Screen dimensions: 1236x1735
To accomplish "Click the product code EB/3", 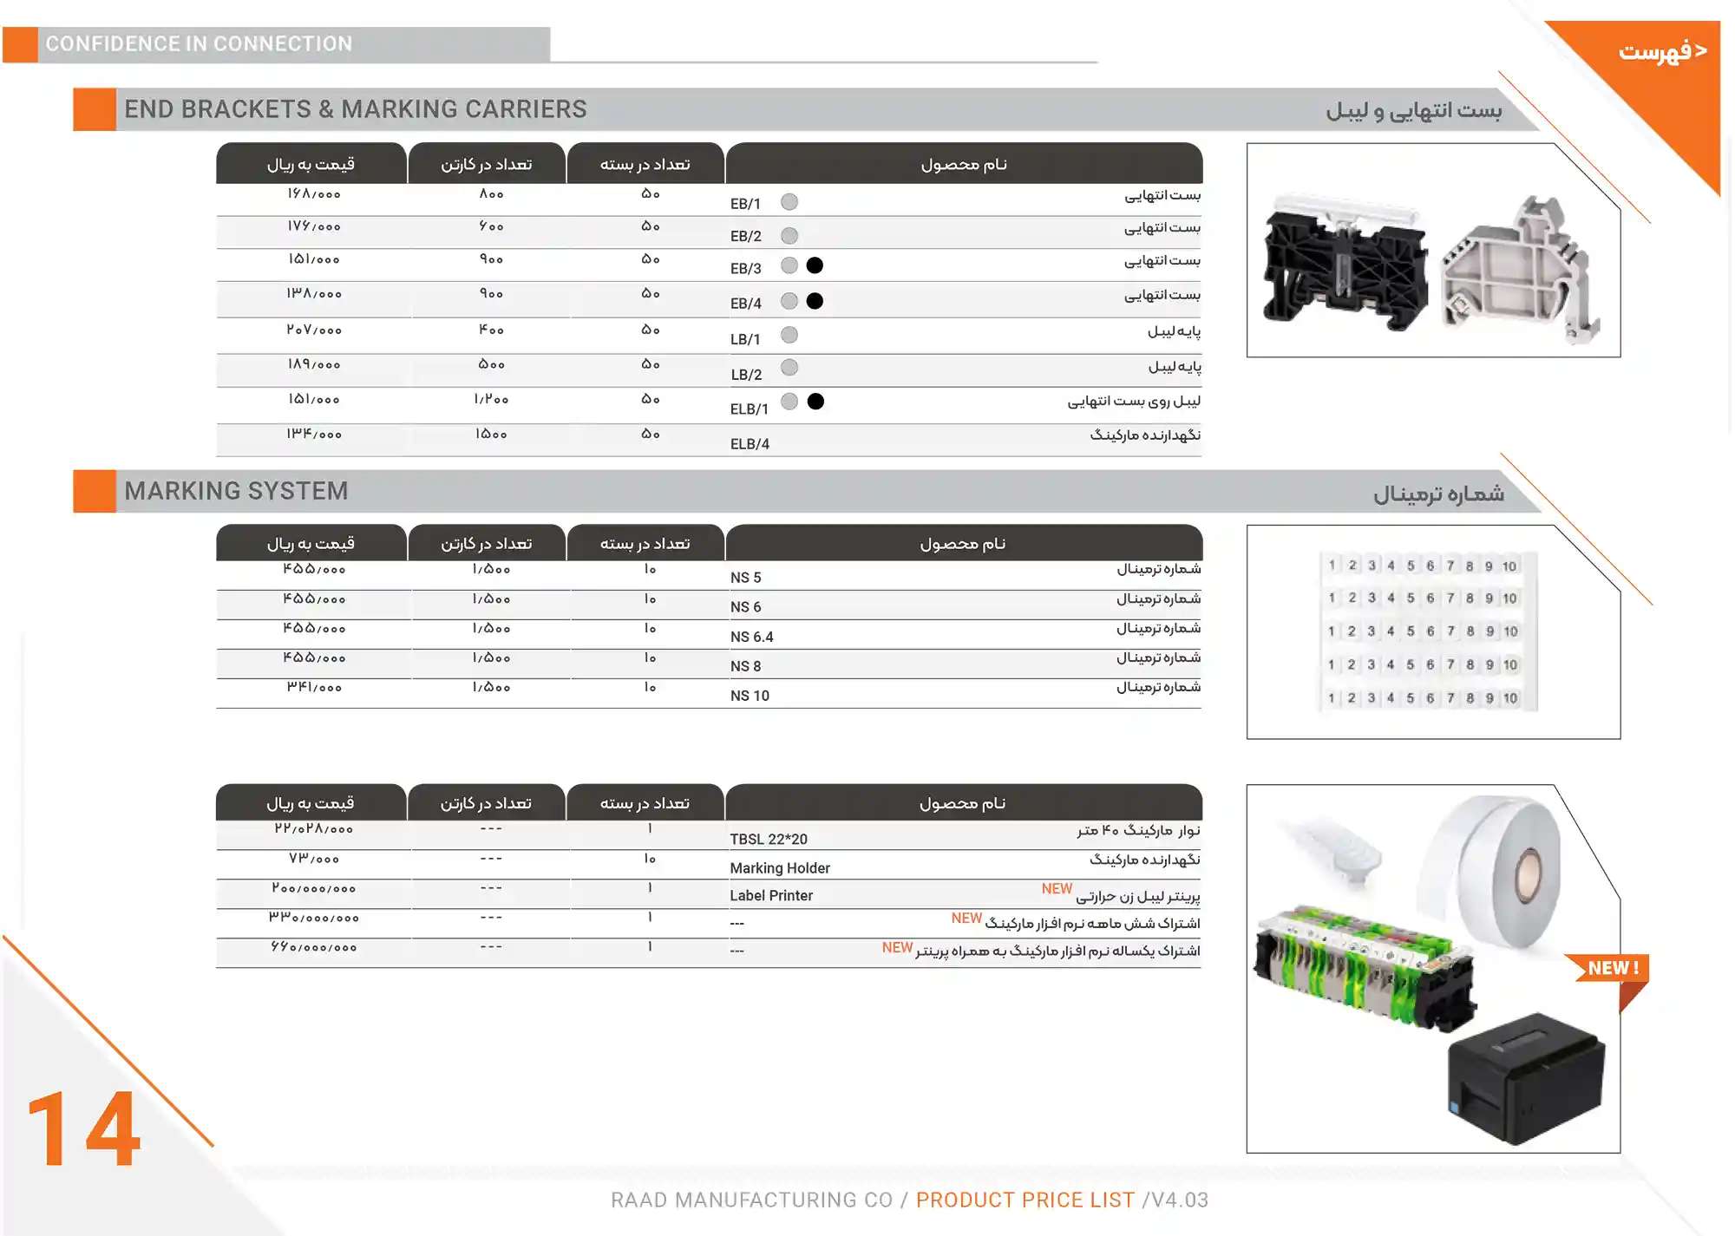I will point(745,269).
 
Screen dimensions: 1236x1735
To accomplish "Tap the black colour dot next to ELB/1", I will point(815,402).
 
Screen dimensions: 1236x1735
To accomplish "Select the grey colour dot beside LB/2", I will point(789,368).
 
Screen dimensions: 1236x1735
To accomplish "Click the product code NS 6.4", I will point(751,637).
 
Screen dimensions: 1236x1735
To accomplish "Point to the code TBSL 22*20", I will point(768,839).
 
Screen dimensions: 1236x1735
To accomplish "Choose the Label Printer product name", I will point(771,896).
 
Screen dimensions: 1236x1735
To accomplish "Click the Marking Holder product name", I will point(780,868).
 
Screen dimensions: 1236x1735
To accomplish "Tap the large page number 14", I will point(84,1129).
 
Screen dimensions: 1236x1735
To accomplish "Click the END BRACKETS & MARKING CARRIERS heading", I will point(355,109).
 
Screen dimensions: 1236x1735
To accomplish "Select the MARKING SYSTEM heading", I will point(236,491).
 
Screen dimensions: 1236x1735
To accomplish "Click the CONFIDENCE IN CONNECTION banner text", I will point(199,44).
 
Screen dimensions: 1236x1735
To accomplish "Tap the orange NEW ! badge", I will point(1612,969).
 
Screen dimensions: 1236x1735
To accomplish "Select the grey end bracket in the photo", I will point(1518,273).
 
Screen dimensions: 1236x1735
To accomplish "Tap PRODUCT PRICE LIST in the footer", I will point(1025,1200).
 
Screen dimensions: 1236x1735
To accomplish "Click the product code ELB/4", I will point(750,444).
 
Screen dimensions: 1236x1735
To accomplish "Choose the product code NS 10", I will point(750,696).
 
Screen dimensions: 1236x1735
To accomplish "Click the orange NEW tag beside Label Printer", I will point(1057,889).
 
